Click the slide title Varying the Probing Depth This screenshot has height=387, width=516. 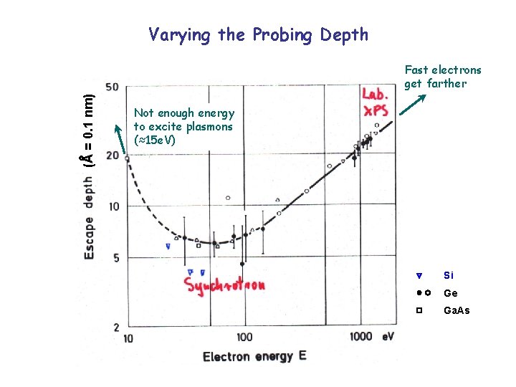coord(258,34)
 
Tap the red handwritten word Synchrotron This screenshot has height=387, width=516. coord(226,285)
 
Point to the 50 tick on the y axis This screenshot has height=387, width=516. coord(111,87)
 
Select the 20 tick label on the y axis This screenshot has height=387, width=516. coord(111,156)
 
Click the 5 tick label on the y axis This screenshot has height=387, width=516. coord(115,258)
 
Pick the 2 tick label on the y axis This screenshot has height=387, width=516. coord(115,327)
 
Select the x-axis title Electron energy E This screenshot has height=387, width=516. coord(254,356)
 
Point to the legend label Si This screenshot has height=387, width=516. coord(449,275)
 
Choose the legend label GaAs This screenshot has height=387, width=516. coord(457,310)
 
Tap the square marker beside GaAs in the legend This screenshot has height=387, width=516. coord(421,310)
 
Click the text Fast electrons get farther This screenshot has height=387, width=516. coord(443,77)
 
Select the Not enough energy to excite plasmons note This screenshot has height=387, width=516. coord(183,126)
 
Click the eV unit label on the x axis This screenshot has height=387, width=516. coord(388,336)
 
